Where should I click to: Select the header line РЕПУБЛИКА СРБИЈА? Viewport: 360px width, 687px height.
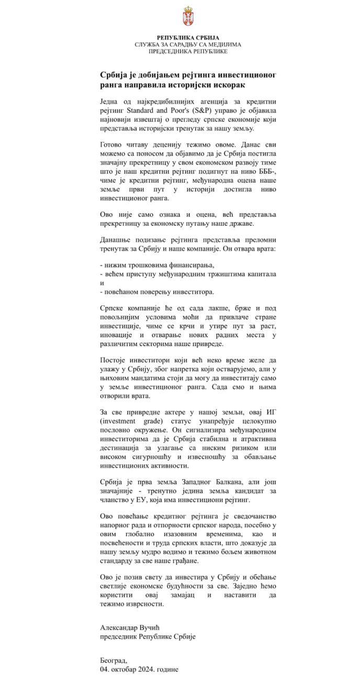click(187, 38)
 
